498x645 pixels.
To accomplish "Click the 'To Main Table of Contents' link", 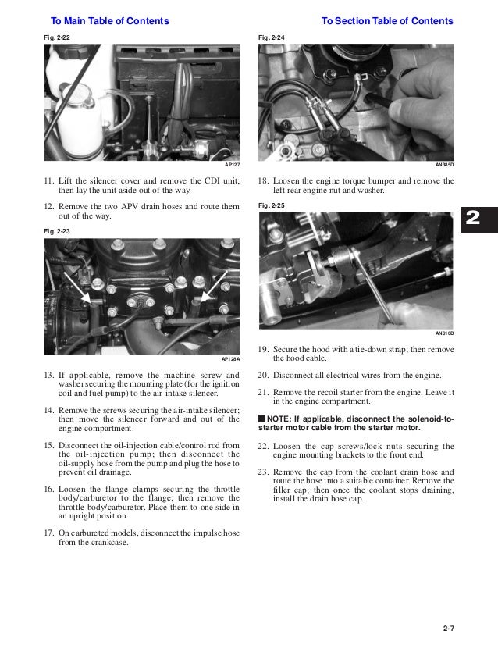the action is point(110,21).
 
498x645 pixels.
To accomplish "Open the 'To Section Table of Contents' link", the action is point(387,21).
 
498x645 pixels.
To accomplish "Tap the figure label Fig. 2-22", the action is point(57,37).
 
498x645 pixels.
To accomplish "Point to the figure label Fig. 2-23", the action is point(57,231).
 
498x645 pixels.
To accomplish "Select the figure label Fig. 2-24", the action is point(272,37).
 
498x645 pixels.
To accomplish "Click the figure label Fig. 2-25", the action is point(272,205).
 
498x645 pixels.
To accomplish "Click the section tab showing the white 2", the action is point(479,219).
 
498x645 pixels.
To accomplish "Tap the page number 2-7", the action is point(449,628).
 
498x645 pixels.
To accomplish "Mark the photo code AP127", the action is point(233,165).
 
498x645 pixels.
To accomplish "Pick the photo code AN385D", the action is point(445,165).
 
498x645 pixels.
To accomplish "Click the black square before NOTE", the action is point(262,419).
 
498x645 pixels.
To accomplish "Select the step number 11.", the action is point(49,181).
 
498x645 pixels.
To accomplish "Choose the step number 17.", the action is point(49,533).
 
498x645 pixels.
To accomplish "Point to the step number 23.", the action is point(263,472).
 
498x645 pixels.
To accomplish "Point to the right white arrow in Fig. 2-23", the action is point(214,286).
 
